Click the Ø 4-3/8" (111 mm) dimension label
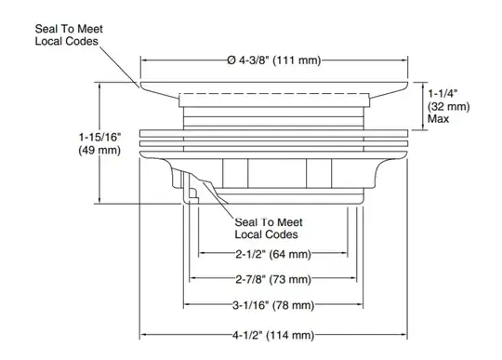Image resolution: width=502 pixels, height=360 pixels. point(274,60)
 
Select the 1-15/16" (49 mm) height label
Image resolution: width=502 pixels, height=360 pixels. point(99,144)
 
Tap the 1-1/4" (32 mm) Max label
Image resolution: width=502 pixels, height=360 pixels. point(448,106)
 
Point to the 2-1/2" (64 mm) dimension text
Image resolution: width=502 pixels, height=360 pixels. point(273,254)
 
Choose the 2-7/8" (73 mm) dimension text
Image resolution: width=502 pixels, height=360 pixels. point(273,280)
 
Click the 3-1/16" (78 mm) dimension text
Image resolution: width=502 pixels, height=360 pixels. point(273,305)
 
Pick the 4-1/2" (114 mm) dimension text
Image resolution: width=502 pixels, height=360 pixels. point(273,335)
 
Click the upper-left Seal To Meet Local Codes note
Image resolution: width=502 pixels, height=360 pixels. point(69,35)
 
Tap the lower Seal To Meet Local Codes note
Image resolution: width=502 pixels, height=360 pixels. point(269,228)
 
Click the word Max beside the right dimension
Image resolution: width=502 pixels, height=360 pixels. point(438,119)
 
